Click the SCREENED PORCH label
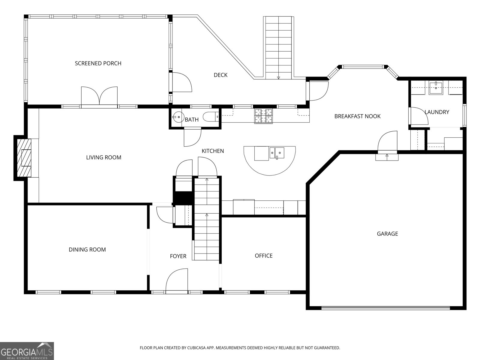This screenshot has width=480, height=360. pos(98,63)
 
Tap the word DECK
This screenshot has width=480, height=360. pos(220,75)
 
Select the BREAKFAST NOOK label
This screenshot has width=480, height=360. pos(357,116)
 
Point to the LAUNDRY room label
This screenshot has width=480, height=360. pos(437,112)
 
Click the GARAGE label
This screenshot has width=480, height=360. pos(387,234)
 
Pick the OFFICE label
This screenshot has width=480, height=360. pos(263,256)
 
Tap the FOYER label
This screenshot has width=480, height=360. pos(178,256)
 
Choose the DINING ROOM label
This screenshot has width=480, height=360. pos(87,250)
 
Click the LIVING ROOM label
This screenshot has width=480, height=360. pos(103,157)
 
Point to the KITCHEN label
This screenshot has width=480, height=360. pos(213,151)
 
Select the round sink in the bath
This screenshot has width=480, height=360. pos(178,117)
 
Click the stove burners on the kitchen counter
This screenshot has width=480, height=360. pos(263,116)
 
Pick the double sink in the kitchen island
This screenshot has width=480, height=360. pos(277,153)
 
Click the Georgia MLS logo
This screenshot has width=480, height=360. pos(27,351)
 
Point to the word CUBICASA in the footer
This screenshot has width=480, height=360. pos(196,348)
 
